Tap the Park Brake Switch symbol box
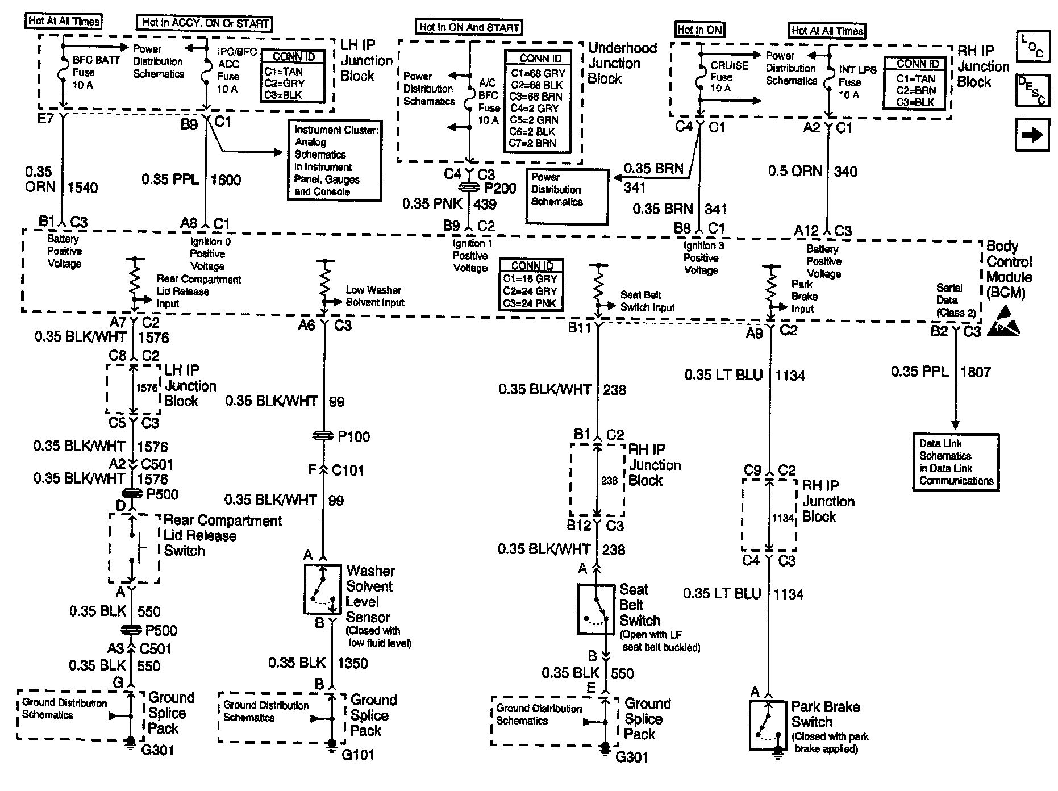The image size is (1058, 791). click(x=768, y=726)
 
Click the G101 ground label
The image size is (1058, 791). click(x=358, y=755)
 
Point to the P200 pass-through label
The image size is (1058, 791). click(x=500, y=189)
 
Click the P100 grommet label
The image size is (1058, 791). click(x=353, y=436)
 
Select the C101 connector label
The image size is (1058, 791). click(x=348, y=471)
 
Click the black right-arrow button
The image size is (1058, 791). click(x=1032, y=135)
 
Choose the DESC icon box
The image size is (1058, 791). click(x=1032, y=91)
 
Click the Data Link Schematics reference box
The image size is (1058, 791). click(x=956, y=462)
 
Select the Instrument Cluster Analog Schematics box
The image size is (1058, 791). click(x=334, y=160)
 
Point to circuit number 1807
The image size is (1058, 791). click(x=975, y=372)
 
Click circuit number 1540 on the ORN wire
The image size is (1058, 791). click(x=83, y=187)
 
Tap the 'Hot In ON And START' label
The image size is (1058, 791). click(x=469, y=27)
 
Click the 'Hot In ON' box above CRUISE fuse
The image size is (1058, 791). click(x=699, y=30)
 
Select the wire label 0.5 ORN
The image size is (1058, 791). click(x=795, y=171)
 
